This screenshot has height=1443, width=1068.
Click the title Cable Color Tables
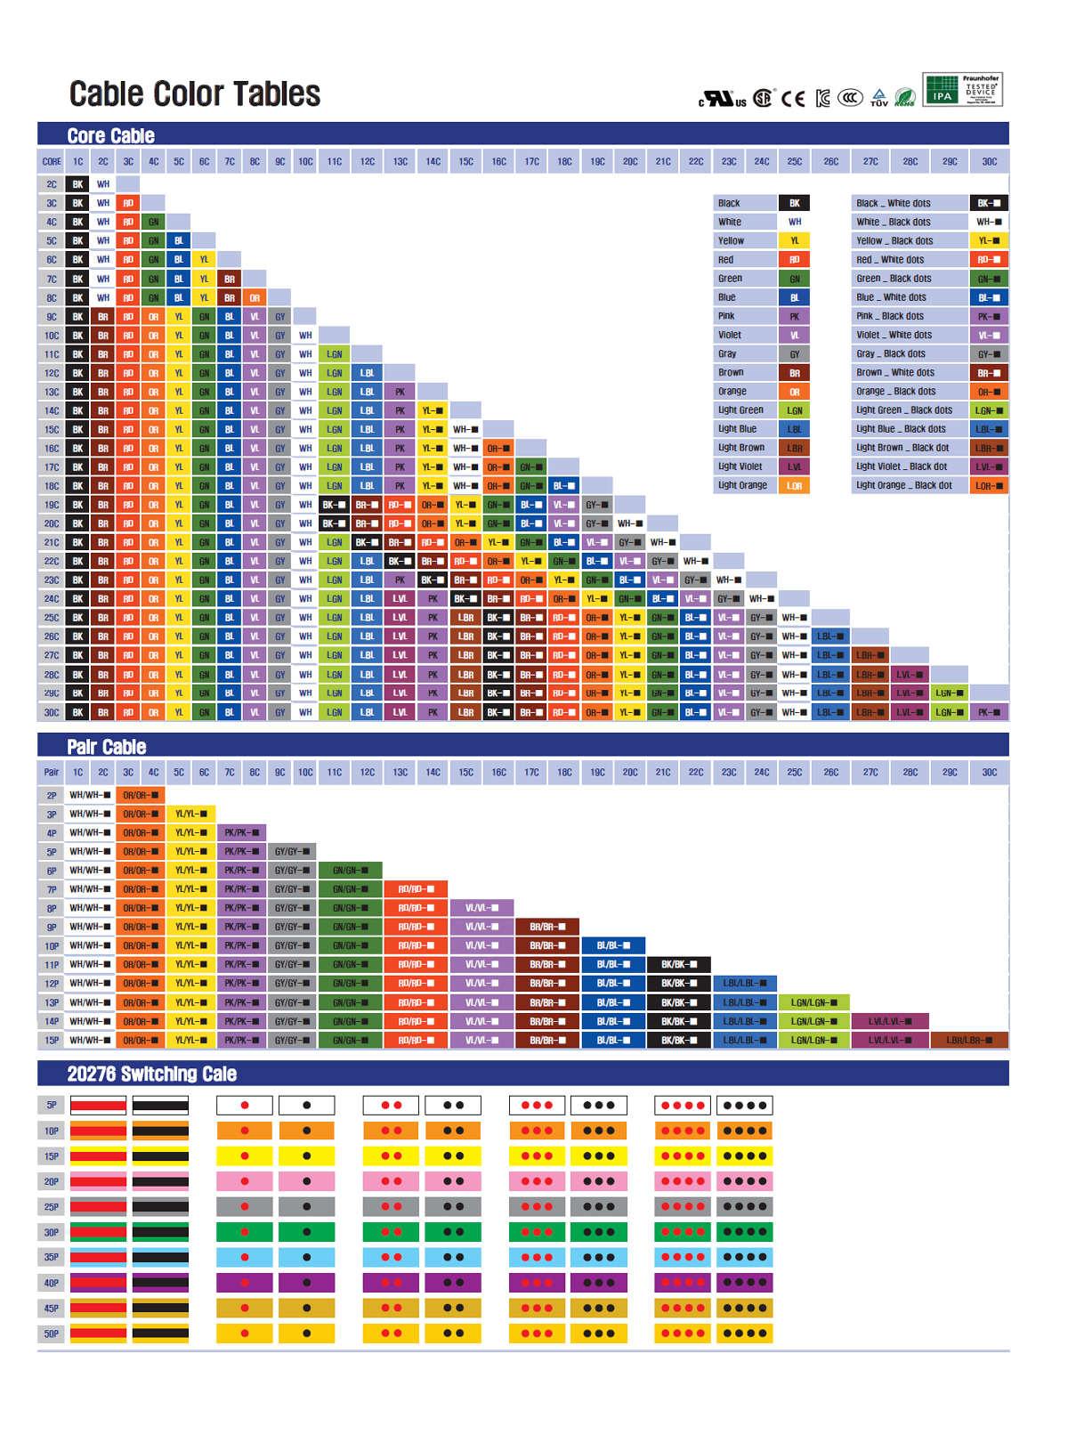(194, 94)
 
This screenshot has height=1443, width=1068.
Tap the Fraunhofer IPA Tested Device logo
(962, 90)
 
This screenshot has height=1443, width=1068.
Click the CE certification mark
(793, 99)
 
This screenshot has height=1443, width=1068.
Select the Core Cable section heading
(110, 135)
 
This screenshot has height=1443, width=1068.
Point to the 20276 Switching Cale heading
(151, 1074)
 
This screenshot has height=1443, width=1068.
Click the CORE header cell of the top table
(52, 162)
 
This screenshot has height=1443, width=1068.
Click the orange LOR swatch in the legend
(794, 486)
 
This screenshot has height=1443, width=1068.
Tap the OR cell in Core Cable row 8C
(255, 298)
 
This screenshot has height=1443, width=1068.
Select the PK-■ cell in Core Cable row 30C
(989, 712)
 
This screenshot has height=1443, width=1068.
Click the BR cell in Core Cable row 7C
(230, 280)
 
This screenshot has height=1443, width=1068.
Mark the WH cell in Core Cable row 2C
(103, 184)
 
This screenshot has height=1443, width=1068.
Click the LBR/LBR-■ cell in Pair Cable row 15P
(968, 1040)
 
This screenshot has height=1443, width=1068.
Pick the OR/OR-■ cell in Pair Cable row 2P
(141, 795)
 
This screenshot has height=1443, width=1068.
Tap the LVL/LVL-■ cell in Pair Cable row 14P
(889, 1021)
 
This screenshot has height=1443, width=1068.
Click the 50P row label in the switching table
(52, 1334)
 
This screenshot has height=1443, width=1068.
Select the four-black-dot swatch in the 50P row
(744, 1334)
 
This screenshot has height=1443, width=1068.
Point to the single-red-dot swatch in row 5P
(244, 1106)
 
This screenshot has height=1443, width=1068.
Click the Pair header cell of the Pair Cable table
(52, 773)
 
